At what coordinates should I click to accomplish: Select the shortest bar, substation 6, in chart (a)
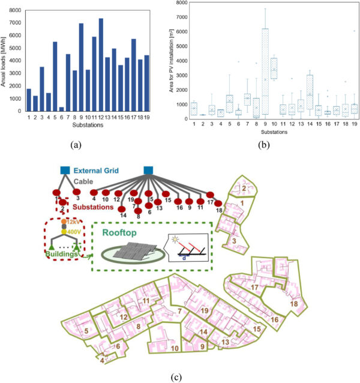pos(62,109)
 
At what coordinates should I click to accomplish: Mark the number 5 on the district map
pos(86,331)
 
